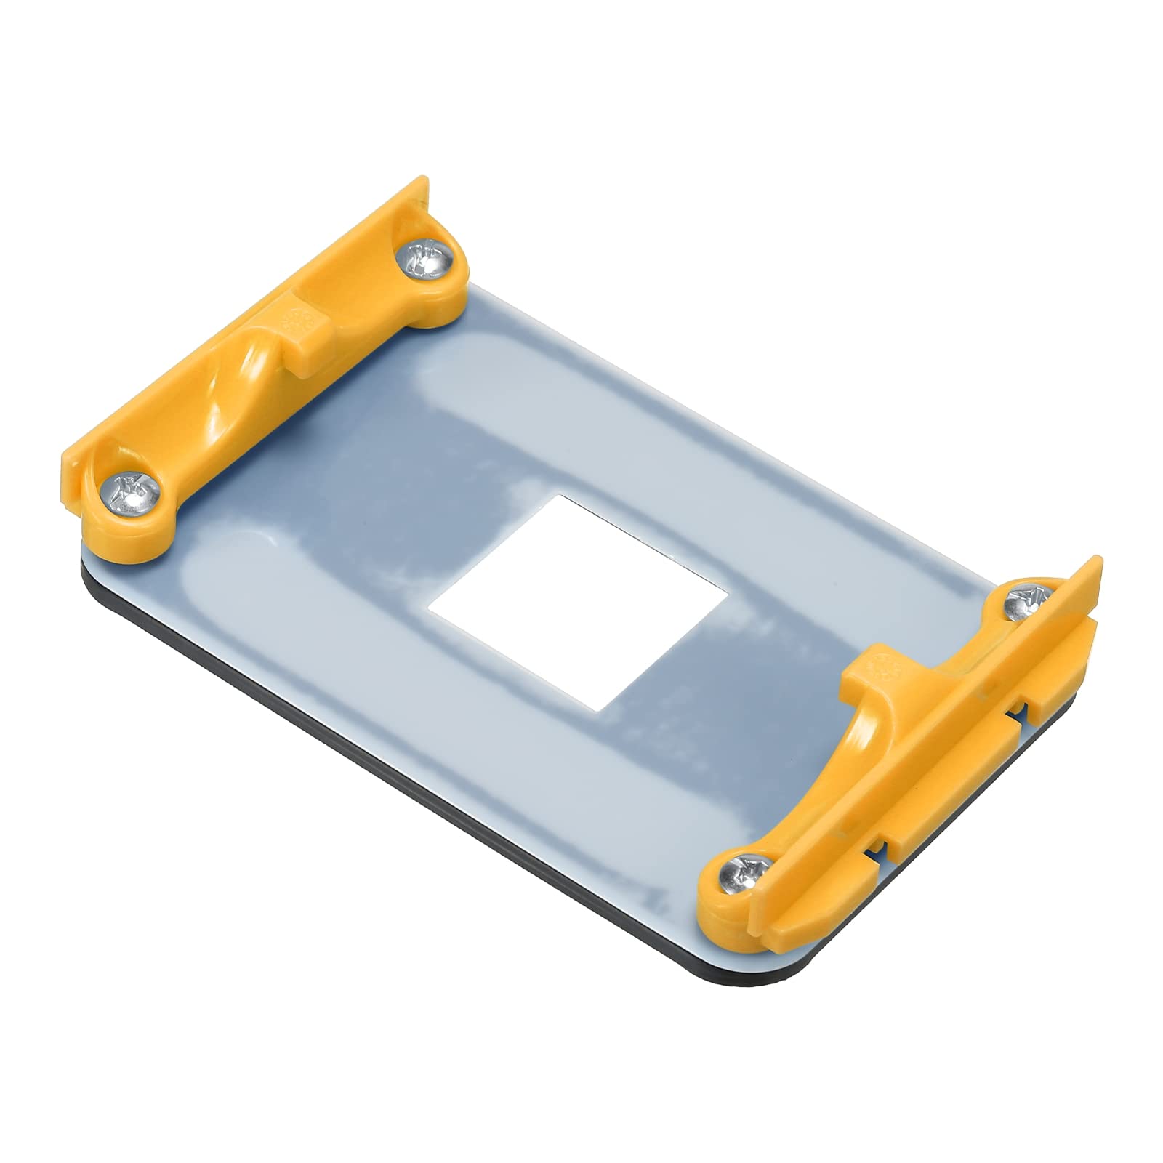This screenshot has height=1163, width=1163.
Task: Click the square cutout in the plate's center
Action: pos(578,603)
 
